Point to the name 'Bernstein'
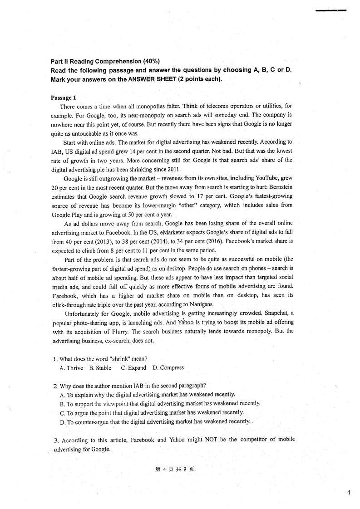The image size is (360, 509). coord(277,187)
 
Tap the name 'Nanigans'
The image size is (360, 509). coord(196,304)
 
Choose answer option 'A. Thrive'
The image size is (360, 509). coord(71,368)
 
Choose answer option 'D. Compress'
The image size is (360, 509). coord(168,368)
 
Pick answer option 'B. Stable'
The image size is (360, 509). coord(100,368)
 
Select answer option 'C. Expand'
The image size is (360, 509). coord(133,368)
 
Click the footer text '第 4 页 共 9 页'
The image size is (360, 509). coord(174,469)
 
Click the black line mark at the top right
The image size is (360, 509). coord(331,10)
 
